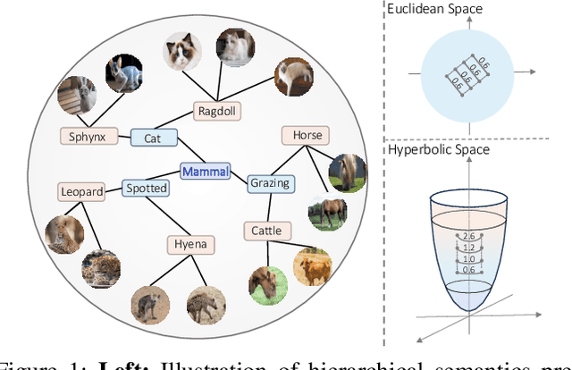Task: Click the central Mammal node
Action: coord(205,171)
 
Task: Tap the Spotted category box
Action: coord(145,188)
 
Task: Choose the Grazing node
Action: coord(269,183)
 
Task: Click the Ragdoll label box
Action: coord(218,111)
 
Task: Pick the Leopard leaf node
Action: coord(82,190)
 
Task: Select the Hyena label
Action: coord(190,244)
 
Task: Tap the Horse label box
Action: coord(305,136)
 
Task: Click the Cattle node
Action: coord(265,231)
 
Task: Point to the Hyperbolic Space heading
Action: coord(440,149)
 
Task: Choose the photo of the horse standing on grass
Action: coord(328,213)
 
